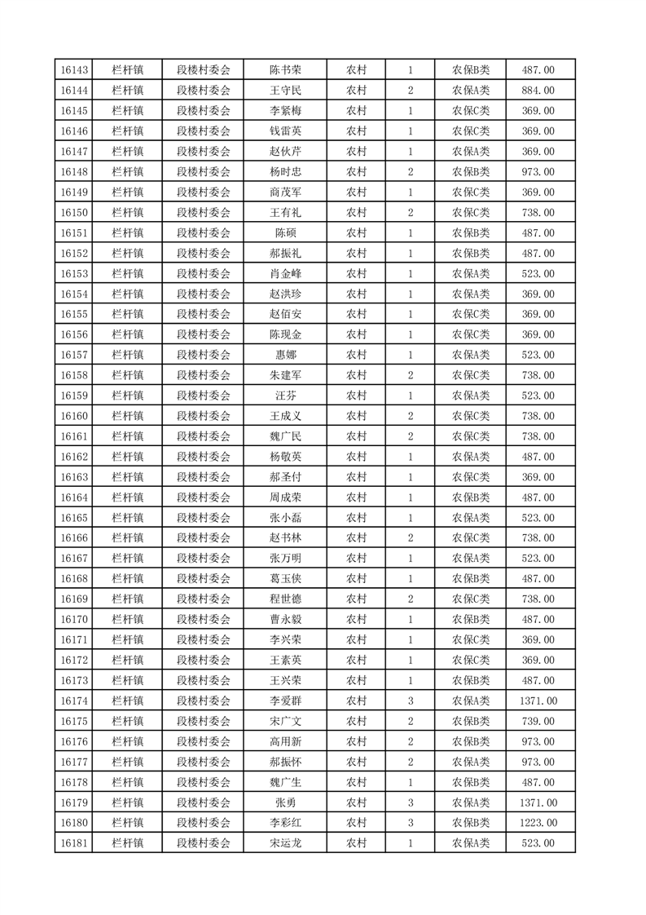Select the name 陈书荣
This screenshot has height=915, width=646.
[x=285, y=70]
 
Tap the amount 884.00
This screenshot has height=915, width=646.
[x=538, y=91]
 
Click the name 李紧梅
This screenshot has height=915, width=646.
[x=285, y=111]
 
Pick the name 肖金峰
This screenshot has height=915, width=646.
[x=285, y=273]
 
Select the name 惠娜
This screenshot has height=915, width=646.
[x=285, y=355]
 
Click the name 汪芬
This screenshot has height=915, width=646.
[x=285, y=396]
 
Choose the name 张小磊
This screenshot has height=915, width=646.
[x=285, y=518]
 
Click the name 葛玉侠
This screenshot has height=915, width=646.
[x=285, y=579]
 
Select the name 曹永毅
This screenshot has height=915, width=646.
[x=285, y=619]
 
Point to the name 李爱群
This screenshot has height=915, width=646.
[x=285, y=701]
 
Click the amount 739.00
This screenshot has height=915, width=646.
[x=538, y=721]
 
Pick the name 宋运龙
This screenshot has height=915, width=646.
[x=285, y=843]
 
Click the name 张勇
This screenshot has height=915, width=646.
[x=285, y=802]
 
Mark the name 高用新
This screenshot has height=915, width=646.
[x=285, y=741]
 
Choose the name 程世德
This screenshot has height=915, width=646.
[x=285, y=599]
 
